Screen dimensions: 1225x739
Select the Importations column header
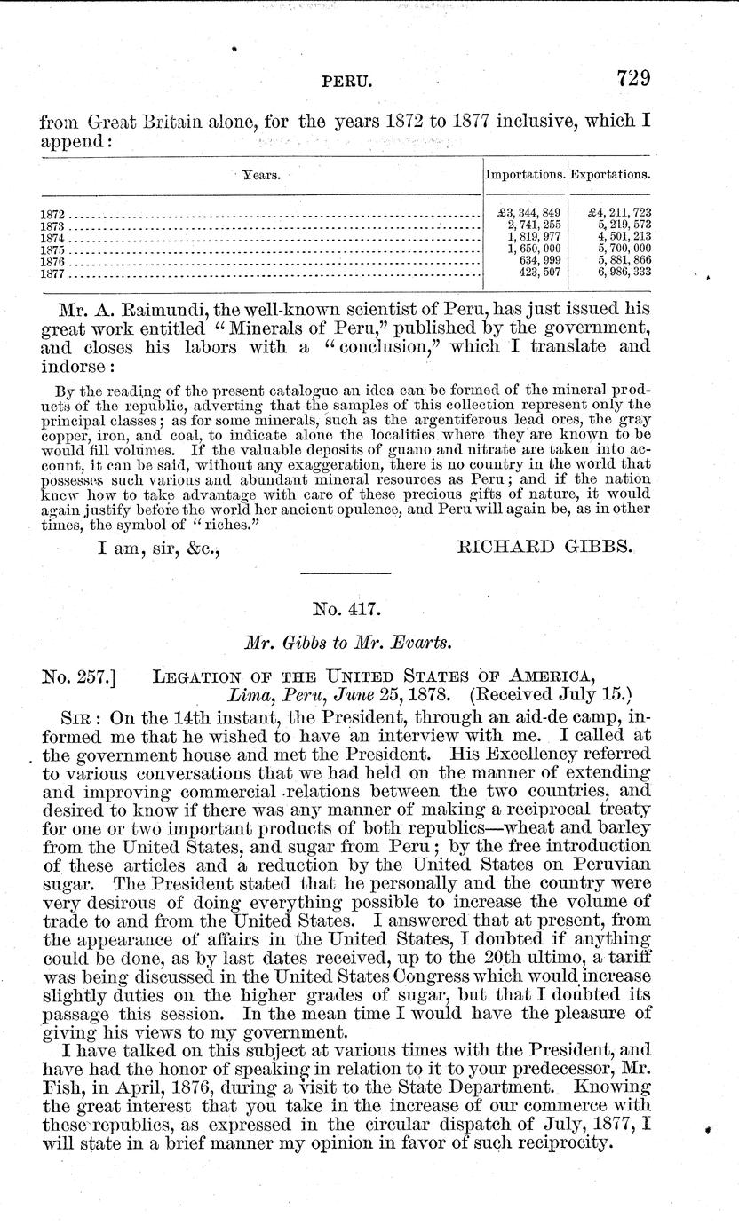(525, 175)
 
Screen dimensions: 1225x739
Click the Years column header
(263, 175)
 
